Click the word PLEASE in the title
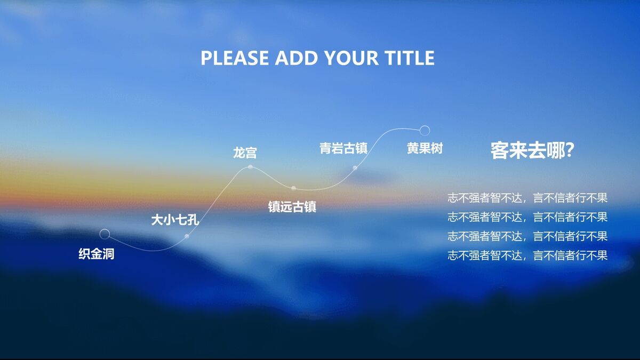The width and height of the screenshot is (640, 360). (x=234, y=58)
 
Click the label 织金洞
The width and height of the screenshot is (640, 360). (x=97, y=254)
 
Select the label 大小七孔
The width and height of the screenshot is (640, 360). (x=175, y=219)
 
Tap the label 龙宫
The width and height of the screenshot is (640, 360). (x=245, y=153)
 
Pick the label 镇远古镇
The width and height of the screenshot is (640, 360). (x=292, y=206)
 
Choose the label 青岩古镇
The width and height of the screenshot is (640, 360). (x=343, y=148)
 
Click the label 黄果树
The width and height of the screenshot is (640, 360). (x=425, y=148)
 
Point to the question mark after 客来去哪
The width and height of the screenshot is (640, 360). (x=568, y=151)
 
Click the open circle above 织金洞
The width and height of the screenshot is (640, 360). (x=105, y=234)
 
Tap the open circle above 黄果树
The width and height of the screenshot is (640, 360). (x=425, y=130)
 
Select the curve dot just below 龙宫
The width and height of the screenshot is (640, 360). (x=250, y=167)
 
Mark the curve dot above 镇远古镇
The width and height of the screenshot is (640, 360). (x=293, y=188)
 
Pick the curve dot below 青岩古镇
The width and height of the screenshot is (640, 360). (x=355, y=167)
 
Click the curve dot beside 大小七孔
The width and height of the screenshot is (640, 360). (x=187, y=236)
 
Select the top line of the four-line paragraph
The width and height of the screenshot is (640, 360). (x=527, y=198)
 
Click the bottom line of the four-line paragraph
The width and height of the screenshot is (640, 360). (x=527, y=255)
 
